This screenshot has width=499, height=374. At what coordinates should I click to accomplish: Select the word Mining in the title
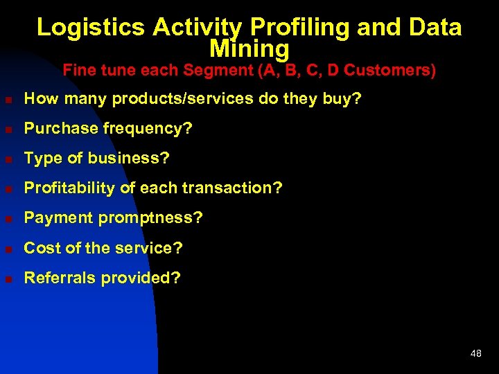click(x=249, y=49)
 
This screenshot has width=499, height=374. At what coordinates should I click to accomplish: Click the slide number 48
click(x=475, y=353)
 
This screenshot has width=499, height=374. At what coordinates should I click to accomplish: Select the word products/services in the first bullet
click(x=169, y=99)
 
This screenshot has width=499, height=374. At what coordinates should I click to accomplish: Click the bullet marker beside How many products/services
click(x=8, y=100)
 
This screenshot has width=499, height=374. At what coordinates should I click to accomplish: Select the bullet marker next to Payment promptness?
click(x=8, y=219)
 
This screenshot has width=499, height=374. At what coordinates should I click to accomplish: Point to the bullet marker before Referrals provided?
click(x=8, y=278)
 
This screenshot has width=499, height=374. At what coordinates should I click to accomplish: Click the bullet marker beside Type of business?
click(x=8, y=159)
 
